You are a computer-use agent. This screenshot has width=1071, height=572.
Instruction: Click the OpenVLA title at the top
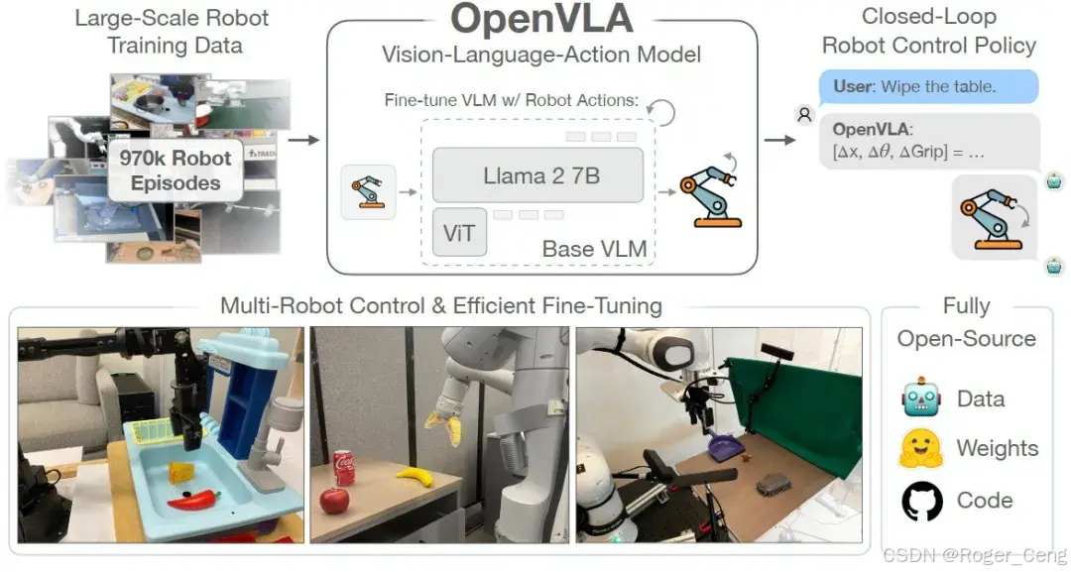(x=541, y=21)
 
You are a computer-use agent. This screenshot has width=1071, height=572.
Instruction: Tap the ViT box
(x=459, y=233)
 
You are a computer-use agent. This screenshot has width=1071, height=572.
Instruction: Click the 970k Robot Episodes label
(x=175, y=171)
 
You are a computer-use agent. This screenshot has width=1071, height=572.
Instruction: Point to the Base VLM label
(x=594, y=248)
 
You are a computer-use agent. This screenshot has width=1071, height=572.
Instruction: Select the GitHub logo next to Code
(x=921, y=502)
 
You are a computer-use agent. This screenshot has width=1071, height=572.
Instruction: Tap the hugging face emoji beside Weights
(x=921, y=449)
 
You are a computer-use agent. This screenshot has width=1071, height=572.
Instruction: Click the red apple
(x=335, y=500)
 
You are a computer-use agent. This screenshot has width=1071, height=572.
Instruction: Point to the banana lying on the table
(x=416, y=476)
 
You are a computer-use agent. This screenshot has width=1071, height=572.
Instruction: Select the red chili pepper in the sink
(x=194, y=499)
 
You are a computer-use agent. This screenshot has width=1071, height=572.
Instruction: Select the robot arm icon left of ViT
(x=368, y=190)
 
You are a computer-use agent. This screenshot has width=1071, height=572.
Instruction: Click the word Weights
(x=996, y=448)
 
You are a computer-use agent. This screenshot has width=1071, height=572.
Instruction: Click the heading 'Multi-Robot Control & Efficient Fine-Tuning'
(x=441, y=304)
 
